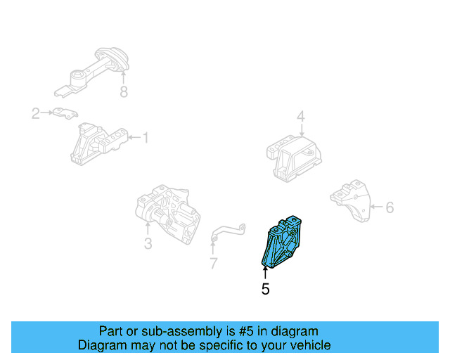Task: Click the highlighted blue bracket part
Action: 283,243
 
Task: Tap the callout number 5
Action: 265,288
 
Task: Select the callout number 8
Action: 124,92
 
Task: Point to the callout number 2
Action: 35,112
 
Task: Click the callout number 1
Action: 146,138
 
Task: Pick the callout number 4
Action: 300,117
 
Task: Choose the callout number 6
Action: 390,207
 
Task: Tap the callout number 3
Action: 148,244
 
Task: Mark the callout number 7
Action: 213,264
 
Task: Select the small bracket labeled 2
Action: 63,113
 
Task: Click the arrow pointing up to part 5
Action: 265,271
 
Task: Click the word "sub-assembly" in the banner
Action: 183,331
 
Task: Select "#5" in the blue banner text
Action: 254,331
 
